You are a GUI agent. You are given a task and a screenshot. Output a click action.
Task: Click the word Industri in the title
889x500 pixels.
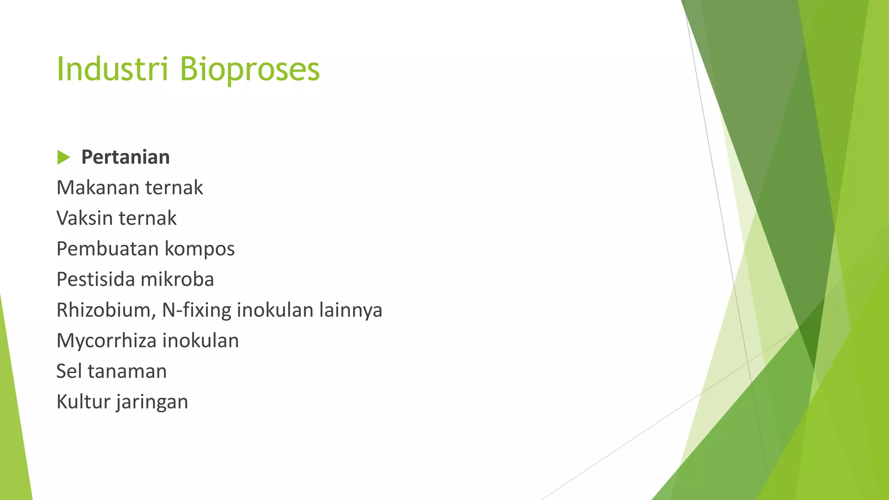click(x=112, y=69)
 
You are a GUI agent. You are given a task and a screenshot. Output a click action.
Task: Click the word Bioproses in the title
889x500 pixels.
click(x=250, y=69)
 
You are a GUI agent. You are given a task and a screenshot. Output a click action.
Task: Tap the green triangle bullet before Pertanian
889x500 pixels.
click(x=63, y=157)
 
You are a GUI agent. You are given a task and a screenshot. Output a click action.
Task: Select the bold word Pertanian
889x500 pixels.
click(x=125, y=157)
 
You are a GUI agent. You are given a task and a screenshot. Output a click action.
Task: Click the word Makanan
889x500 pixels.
click(x=98, y=187)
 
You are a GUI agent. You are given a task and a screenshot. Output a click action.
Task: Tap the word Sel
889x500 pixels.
click(x=69, y=371)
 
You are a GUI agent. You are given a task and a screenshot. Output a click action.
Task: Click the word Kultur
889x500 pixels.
click(x=83, y=401)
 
